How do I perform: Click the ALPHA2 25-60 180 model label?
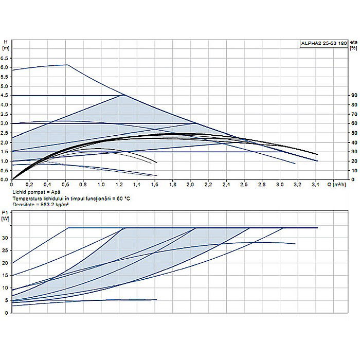point(323,44)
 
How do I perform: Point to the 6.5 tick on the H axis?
point(6,58)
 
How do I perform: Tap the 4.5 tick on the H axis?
point(6,96)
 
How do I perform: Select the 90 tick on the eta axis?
point(353,96)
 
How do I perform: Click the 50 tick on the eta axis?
point(353,133)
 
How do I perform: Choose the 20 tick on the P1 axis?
point(6,263)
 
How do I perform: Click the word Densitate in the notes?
point(24,204)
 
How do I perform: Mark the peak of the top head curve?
point(67,65)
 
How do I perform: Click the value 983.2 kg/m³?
point(56,204)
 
